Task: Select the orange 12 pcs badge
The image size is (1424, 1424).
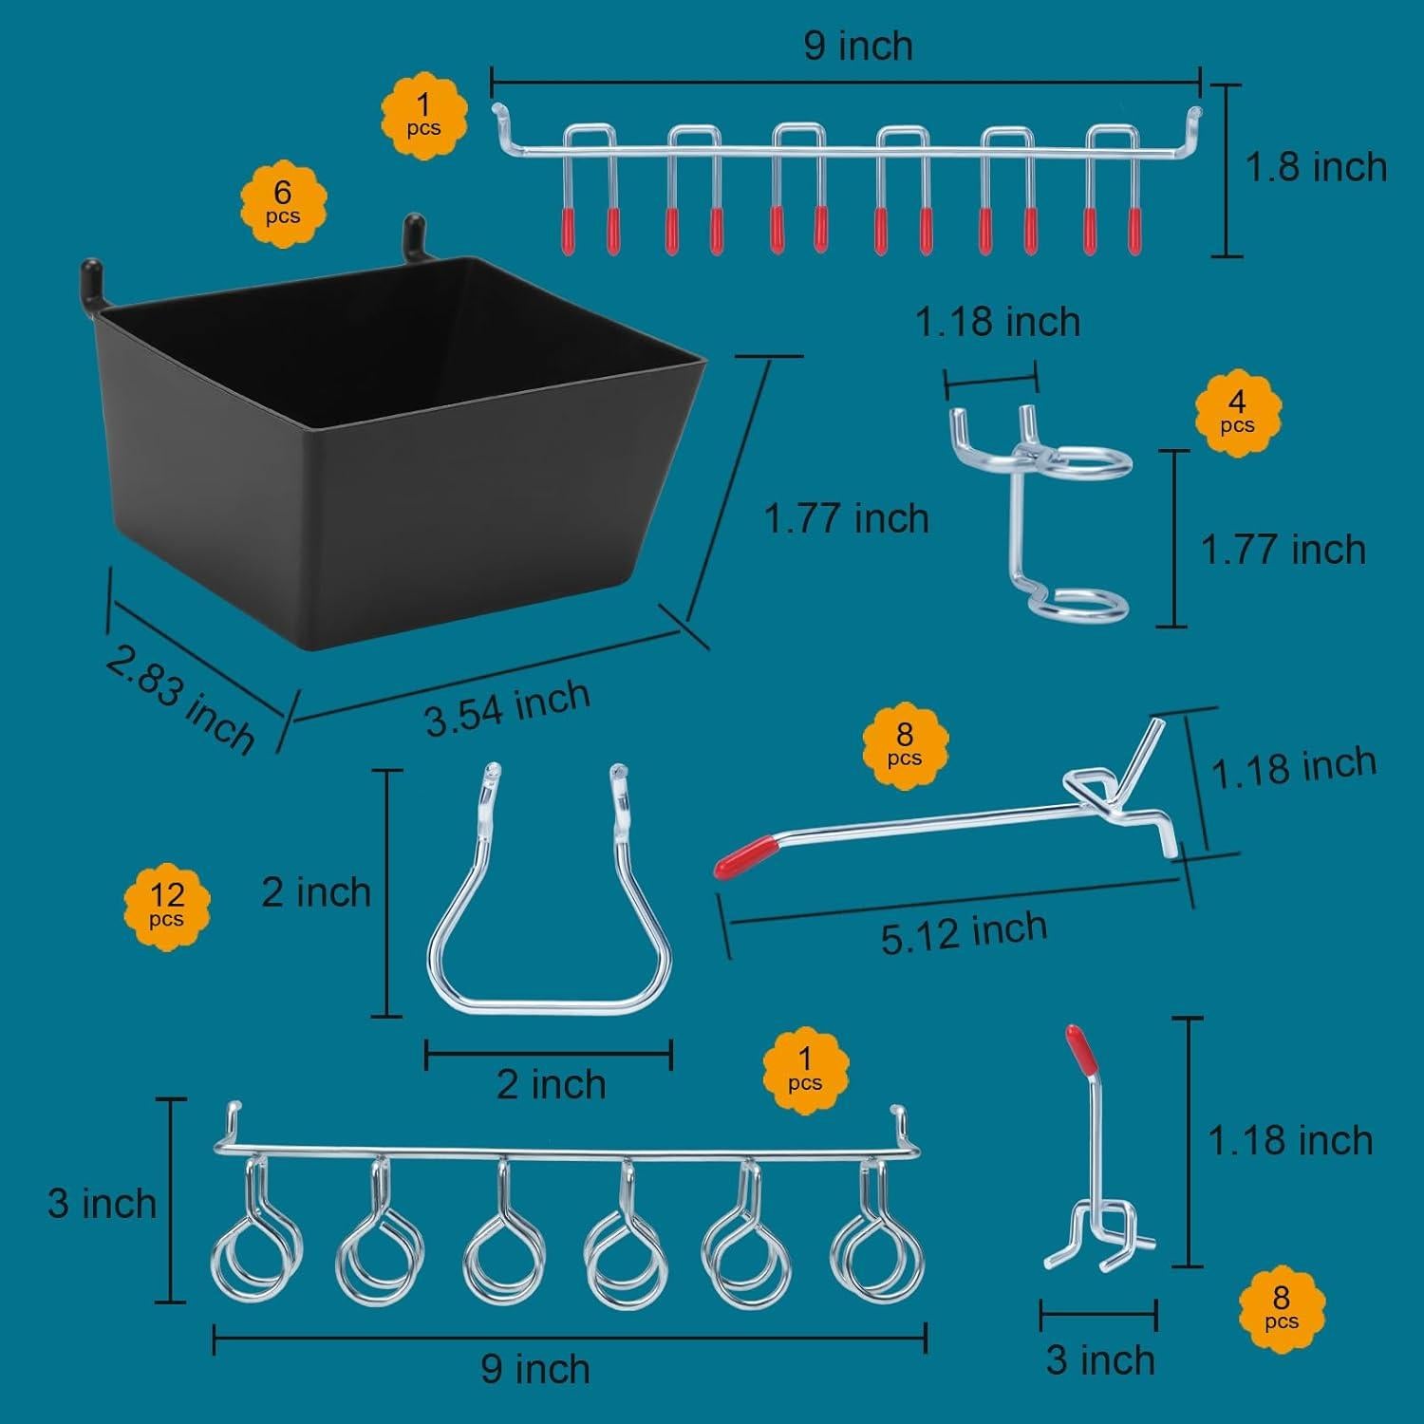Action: [x=166, y=904]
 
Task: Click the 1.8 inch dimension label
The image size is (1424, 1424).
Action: [x=1316, y=168]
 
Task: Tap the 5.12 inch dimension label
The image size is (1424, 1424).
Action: [x=964, y=932]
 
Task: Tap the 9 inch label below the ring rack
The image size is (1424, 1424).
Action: [x=535, y=1369]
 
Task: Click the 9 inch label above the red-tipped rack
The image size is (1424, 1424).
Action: [x=858, y=46]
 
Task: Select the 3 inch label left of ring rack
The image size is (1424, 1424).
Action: [x=102, y=1204]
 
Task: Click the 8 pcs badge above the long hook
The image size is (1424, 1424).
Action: [x=905, y=746]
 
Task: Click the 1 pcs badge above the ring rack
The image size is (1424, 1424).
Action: [x=805, y=1069]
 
